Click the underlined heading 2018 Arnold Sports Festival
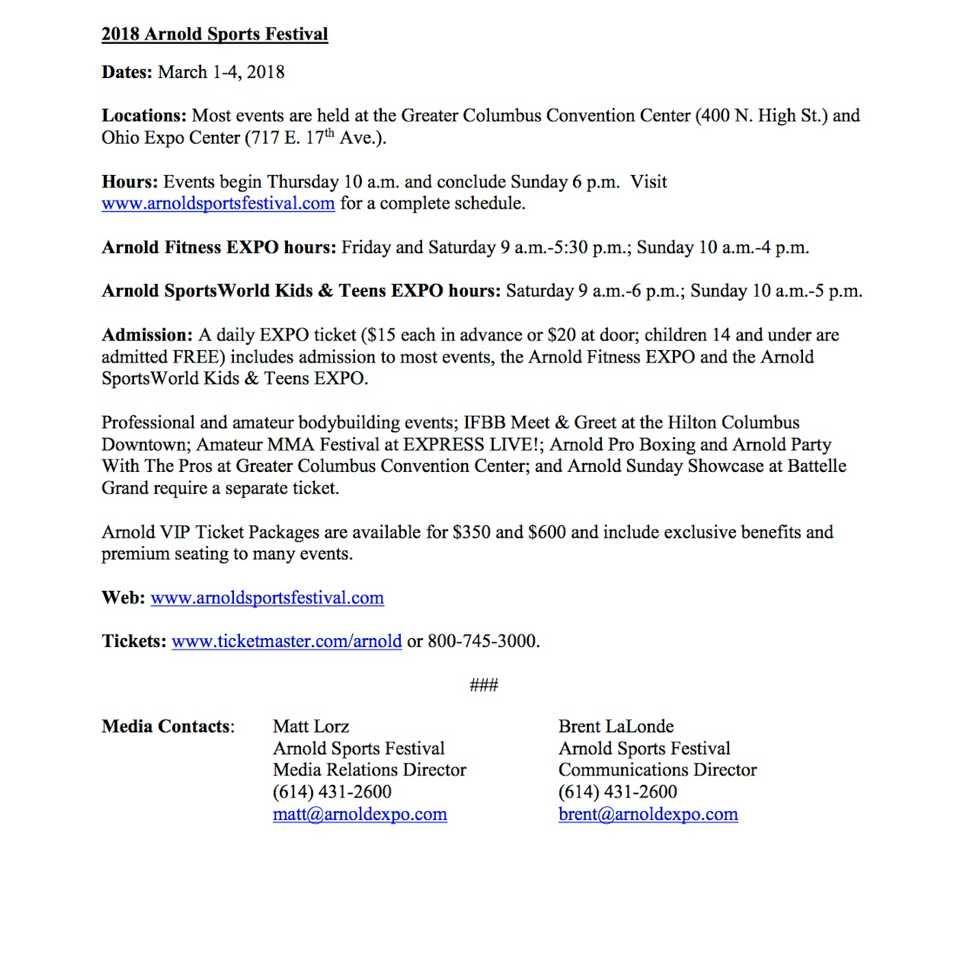coord(215,34)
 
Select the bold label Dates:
coord(127,72)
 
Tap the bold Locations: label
coord(144,116)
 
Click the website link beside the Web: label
coord(267,598)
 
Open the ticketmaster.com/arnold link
coord(287,642)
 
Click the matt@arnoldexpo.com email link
coord(360,815)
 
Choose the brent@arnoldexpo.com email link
coord(648,815)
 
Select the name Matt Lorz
coord(311,726)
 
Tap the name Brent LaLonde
coord(616,726)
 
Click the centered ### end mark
coord(484,685)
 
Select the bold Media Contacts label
coord(168,726)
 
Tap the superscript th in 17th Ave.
coord(330,133)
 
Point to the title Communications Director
coord(657,770)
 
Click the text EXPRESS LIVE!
coord(473,445)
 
